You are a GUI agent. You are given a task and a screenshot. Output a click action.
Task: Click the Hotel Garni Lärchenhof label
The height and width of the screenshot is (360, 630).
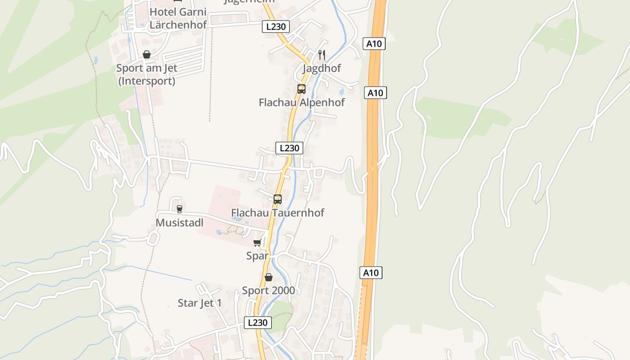(178, 18)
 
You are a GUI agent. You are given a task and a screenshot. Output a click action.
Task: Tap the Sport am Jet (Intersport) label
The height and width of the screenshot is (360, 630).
(147, 75)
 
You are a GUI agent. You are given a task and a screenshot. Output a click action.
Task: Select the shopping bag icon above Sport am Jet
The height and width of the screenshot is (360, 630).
(147, 54)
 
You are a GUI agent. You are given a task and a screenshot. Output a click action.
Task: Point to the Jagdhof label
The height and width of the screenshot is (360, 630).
(322, 68)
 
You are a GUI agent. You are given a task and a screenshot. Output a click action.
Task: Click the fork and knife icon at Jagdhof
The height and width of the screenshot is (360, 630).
(322, 55)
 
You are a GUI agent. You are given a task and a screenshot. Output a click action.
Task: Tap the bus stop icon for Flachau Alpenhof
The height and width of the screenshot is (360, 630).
(301, 89)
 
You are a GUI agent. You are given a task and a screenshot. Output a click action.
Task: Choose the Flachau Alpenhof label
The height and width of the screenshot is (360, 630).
(301, 103)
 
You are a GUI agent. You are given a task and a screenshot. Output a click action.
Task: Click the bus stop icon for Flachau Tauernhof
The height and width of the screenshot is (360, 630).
(278, 199)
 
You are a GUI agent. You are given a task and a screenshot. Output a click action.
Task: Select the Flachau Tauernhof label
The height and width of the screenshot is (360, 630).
(278, 212)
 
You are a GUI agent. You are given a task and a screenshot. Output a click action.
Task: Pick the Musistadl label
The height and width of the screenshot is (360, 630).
(180, 223)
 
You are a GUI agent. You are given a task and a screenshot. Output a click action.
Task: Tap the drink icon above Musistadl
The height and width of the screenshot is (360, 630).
(180, 209)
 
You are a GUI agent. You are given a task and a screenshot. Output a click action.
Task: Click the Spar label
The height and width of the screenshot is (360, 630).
(257, 256)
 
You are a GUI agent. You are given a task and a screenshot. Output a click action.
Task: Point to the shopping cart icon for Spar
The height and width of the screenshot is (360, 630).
(257, 243)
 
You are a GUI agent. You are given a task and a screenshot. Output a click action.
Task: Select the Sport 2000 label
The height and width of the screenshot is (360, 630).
(269, 291)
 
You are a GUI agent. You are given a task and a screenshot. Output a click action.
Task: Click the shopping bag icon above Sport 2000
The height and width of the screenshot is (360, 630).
(269, 277)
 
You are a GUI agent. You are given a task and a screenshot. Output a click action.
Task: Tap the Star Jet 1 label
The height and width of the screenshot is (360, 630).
(200, 303)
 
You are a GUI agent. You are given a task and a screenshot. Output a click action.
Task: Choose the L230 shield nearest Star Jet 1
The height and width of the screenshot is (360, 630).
(258, 323)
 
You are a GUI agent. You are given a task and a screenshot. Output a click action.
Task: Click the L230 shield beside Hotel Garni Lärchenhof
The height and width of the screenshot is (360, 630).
(276, 27)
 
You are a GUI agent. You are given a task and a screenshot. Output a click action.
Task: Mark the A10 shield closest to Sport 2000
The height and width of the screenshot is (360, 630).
(371, 273)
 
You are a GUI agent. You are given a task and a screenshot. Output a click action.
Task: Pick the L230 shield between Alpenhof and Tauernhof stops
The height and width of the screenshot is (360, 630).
(289, 148)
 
